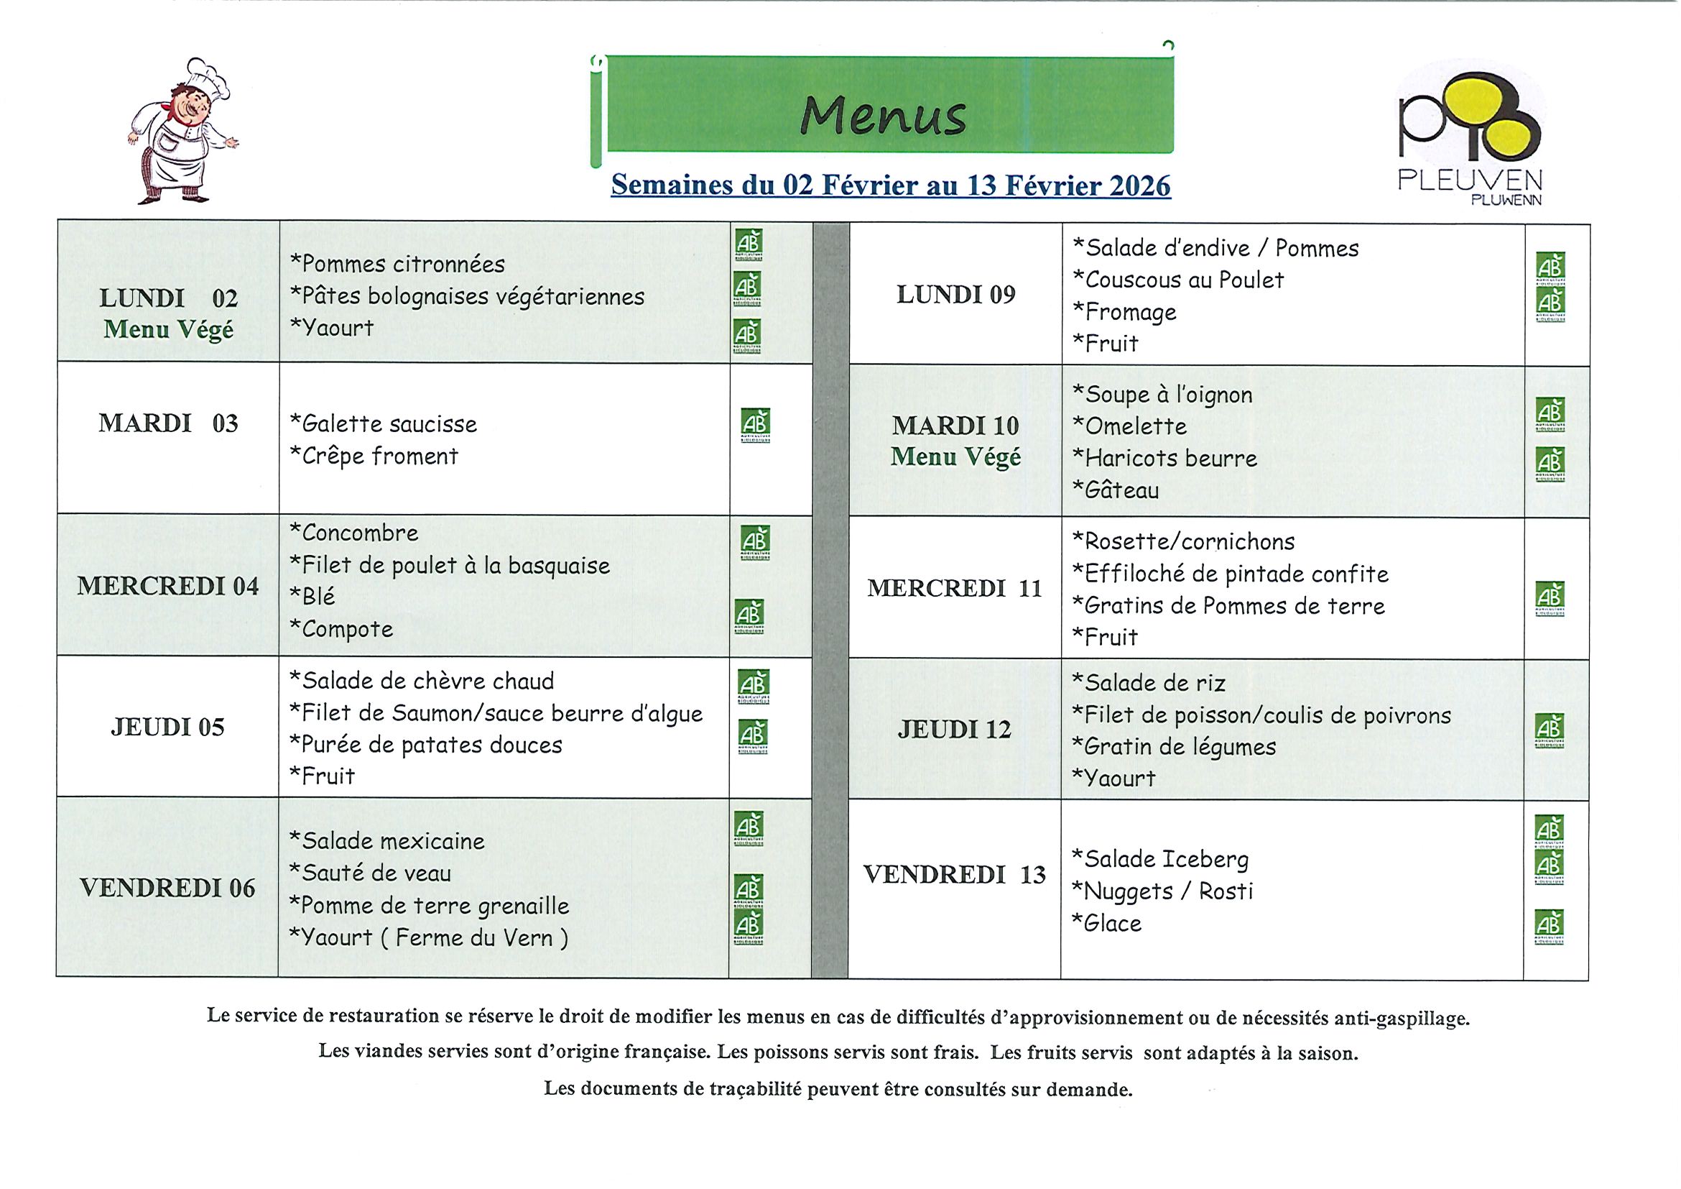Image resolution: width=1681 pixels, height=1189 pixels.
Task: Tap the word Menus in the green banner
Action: click(x=883, y=116)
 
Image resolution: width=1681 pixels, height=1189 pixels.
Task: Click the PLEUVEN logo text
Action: click(x=1470, y=180)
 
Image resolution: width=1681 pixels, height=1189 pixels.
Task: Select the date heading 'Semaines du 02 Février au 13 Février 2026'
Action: click(x=890, y=185)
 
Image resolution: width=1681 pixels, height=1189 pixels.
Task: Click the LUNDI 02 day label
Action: click(x=168, y=298)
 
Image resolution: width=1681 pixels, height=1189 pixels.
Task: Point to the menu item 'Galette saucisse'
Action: click(x=383, y=424)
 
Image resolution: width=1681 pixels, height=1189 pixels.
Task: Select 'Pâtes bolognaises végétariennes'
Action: click(x=467, y=297)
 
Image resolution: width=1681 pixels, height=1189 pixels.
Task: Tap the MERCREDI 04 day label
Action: click(x=167, y=586)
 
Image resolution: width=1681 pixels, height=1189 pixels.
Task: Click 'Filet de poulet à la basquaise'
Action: click(x=450, y=566)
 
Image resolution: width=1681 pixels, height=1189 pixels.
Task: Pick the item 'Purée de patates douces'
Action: click(x=425, y=745)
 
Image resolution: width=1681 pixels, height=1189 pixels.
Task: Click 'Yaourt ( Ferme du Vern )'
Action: click(x=428, y=937)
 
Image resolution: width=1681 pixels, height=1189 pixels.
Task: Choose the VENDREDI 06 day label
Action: click(x=167, y=888)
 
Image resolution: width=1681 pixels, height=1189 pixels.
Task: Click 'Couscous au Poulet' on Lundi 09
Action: click(x=1178, y=280)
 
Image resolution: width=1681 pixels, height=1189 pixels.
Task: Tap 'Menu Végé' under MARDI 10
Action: click(x=955, y=457)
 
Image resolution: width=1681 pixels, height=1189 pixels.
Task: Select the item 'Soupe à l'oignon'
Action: click(x=1162, y=395)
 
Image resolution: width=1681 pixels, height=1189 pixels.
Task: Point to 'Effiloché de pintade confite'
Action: click(x=1231, y=574)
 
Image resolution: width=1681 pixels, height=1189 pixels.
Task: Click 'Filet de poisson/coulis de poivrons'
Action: click(x=1261, y=715)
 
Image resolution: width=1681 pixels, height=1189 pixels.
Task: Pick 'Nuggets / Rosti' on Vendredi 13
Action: click(x=1162, y=891)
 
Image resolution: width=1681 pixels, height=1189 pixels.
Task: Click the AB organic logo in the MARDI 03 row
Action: click(x=755, y=425)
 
